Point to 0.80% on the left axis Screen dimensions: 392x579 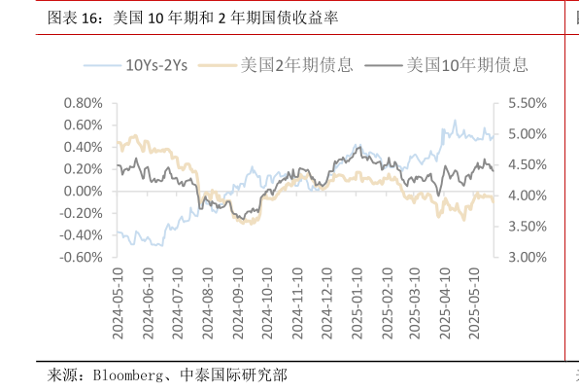point(84,103)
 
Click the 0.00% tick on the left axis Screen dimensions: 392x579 point(84,191)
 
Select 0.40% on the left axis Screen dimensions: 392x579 point(84,147)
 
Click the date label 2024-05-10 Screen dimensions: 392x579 point(118,303)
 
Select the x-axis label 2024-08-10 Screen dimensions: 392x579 point(207,303)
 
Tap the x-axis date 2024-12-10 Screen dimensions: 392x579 point(326,303)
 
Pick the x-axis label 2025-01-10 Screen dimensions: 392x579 point(357,303)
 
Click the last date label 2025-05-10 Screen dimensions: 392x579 point(475,303)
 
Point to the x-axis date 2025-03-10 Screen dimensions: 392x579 point(416,303)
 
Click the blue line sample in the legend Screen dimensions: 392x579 point(102,65)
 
